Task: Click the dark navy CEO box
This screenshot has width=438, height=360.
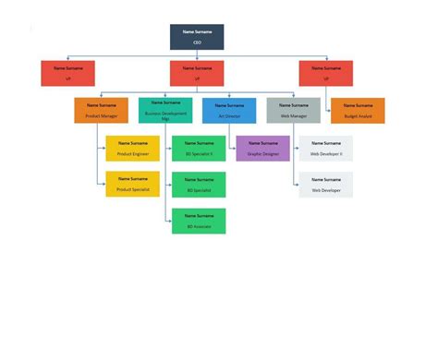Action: pyautogui.click(x=197, y=37)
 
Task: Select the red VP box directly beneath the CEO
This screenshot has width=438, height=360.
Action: pyautogui.click(x=197, y=73)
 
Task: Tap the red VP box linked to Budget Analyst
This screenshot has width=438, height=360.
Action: pyautogui.click(x=325, y=73)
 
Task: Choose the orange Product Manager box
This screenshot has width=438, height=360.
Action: pyautogui.click(x=101, y=111)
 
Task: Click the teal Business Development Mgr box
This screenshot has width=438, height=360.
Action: pyautogui.click(x=165, y=111)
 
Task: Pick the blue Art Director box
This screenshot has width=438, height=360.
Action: pyautogui.click(x=229, y=111)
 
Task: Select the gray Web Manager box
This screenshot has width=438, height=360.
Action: pyautogui.click(x=293, y=111)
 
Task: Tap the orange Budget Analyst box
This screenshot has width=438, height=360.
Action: pyautogui.click(x=358, y=111)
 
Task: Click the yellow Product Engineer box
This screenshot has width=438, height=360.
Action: pyautogui.click(x=132, y=149)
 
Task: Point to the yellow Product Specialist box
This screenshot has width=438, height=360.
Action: pyautogui.click(x=132, y=184)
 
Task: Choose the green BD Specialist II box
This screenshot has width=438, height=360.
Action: pyautogui.click(x=199, y=149)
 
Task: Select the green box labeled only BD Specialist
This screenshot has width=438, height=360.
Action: pyautogui.click(x=199, y=185)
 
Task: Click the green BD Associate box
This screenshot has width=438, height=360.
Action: pyautogui.click(x=199, y=221)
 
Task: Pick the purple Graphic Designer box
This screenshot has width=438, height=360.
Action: pyautogui.click(x=262, y=149)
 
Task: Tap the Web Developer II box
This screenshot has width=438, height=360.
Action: pyautogui.click(x=325, y=149)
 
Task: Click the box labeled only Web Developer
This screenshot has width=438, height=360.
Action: pyautogui.click(x=325, y=184)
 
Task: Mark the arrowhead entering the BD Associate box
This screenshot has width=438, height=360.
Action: pyautogui.click(x=170, y=221)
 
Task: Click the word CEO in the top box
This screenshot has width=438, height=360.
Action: pyautogui.click(x=197, y=42)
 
